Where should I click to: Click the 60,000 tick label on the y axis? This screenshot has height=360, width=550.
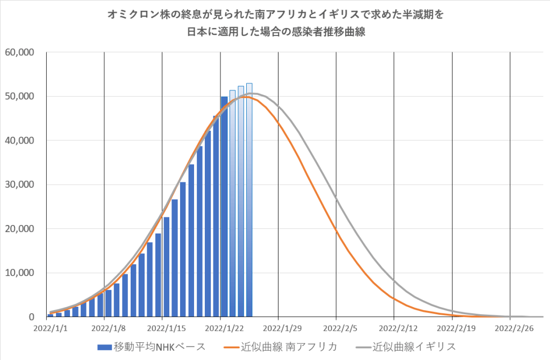[20, 52]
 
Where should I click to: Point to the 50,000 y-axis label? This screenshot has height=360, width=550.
[20, 96]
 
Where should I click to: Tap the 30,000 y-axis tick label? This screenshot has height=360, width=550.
[20, 185]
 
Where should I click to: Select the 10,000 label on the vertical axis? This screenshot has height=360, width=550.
[20, 273]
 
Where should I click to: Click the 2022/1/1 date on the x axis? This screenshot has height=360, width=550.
[47, 327]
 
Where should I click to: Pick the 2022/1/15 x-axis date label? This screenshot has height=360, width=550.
[163, 327]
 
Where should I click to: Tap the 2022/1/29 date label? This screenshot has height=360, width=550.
[278, 327]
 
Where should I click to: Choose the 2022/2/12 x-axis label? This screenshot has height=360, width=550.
[394, 327]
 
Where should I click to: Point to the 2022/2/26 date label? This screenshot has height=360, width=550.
[510, 327]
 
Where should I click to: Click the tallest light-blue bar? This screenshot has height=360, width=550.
[249, 199]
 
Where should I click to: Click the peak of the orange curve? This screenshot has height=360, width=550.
[245, 97]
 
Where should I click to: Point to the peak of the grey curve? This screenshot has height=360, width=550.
[256, 94]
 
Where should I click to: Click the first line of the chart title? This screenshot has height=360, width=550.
[275, 16]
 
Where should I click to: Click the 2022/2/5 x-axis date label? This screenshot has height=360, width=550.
[336, 327]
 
